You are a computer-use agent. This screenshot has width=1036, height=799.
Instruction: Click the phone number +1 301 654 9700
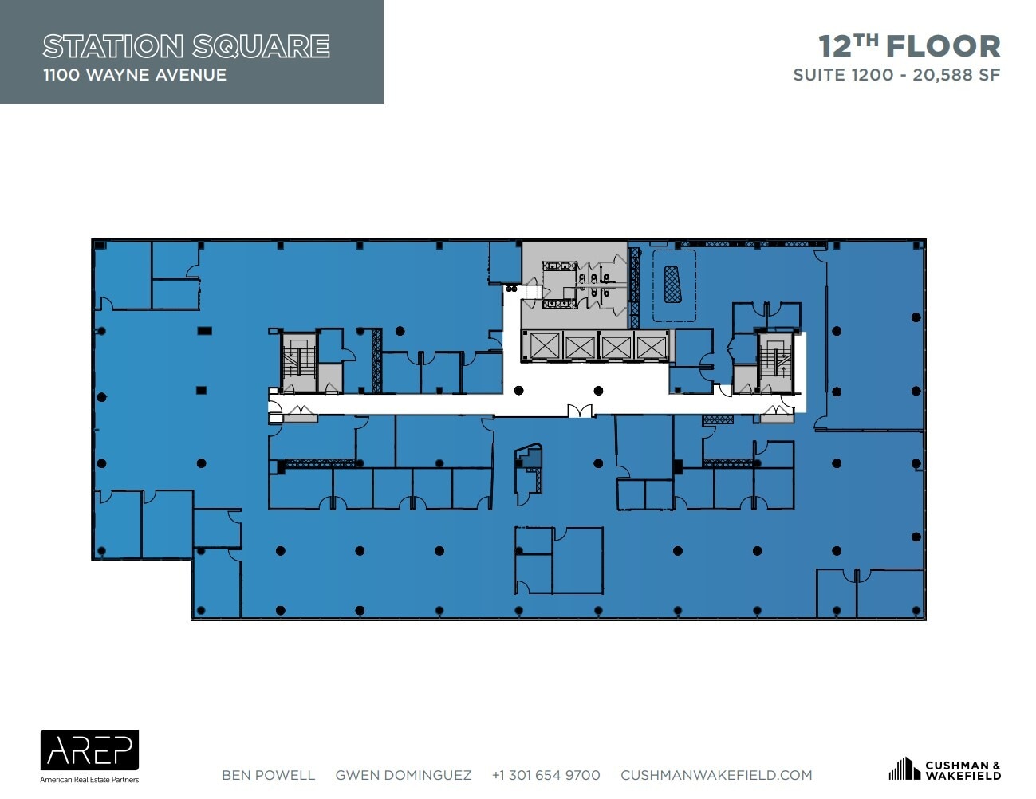tap(546, 775)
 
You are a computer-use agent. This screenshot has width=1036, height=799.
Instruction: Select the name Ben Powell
tap(269, 775)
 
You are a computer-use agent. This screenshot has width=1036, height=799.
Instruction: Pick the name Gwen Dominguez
tap(404, 775)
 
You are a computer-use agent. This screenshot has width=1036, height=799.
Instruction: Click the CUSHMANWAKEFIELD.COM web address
tap(716, 775)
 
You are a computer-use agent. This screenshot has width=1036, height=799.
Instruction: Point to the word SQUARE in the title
tap(261, 46)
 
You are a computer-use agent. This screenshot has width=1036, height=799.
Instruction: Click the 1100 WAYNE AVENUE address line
tap(135, 75)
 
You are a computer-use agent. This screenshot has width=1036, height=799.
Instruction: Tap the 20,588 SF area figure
tap(956, 75)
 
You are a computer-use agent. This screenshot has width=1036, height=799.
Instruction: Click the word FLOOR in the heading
tap(943, 46)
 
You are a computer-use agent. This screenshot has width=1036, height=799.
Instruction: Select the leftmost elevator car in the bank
tap(544, 345)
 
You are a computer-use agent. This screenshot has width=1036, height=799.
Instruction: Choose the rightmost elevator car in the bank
tap(652, 346)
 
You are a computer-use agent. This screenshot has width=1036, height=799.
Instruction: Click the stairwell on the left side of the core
tap(298, 362)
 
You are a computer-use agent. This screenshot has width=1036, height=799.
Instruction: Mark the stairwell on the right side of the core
tap(776, 362)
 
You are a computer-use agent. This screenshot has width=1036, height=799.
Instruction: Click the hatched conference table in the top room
tap(672, 285)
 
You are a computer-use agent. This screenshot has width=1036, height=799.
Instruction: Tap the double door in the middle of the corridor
tap(580, 411)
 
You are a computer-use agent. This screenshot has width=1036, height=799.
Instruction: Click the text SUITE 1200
tap(843, 75)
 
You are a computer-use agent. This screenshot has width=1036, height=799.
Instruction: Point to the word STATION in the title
tap(113, 46)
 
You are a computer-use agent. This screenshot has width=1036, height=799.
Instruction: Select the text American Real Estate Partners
tap(89, 780)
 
